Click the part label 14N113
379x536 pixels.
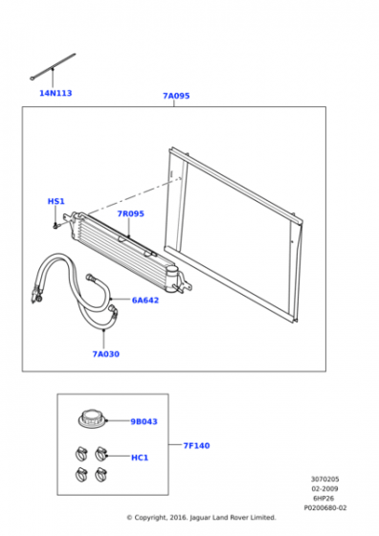pyautogui.click(x=56, y=93)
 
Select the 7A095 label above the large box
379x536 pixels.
pyautogui.click(x=176, y=96)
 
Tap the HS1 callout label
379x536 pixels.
pyautogui.click(x=56, y=201)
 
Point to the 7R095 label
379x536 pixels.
pyautogui.click(x=130, y=213)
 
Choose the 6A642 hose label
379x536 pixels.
pyautogui.click(x=145, y=301)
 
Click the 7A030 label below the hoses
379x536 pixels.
pyautogui.click(x=106, y=354)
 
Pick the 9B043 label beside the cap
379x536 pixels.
pyautogui.click(x=144, y=421)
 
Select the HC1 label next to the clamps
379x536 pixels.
pyautogui.click(x=140, y=458)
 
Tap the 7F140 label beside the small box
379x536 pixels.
pyautogui.click(x=196, y=445)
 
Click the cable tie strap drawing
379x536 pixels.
pyautogui.click(x=53, y=67)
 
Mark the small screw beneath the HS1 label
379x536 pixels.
pyautogui.click(x=56, y=225)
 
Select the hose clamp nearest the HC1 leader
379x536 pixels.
pyautogui.click(x=100, y=454)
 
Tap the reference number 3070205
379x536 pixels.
pyautogui.click(x=325, y=480)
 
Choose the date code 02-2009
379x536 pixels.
pyautogui.click(x=324, y=489)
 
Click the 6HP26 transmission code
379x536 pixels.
pyautogui.click(x=323, y=499)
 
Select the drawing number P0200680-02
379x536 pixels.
pyautogui.click(x=325, y=508)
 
